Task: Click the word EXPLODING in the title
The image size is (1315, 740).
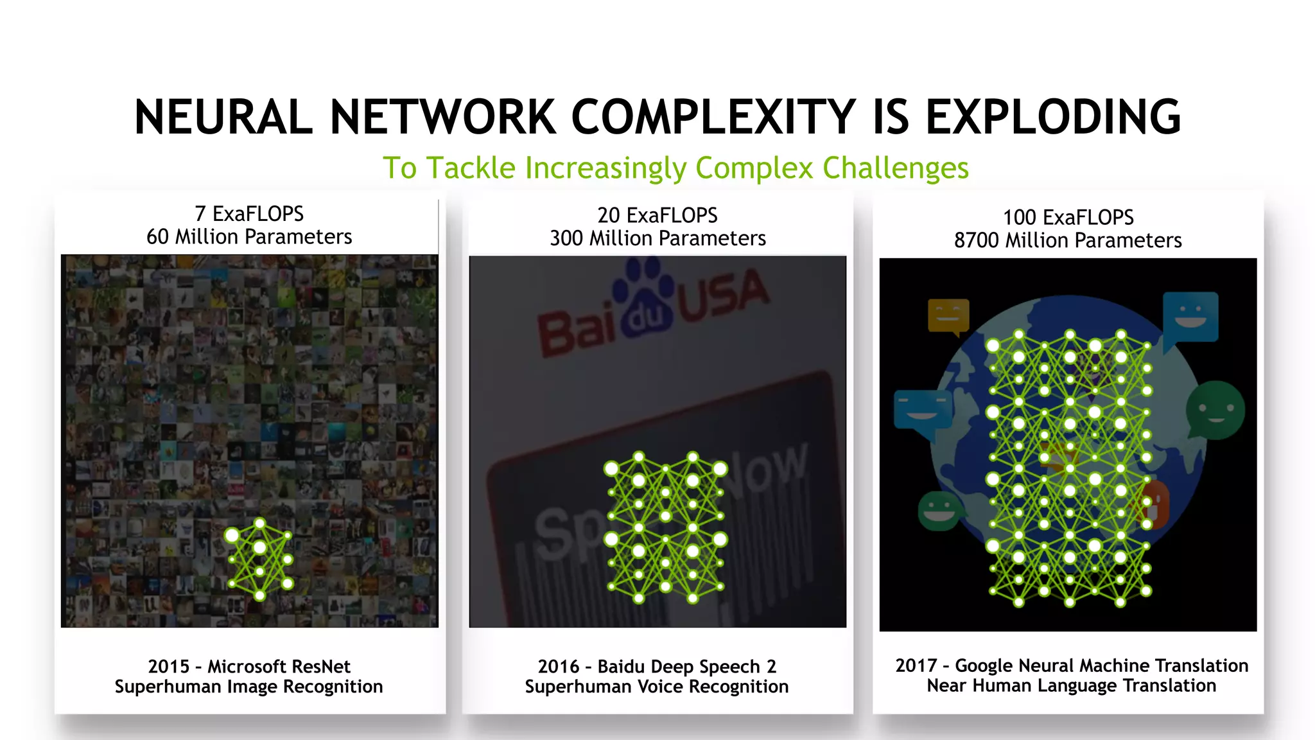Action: tap(1052, 117)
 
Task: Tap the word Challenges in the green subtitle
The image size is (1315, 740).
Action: tap(895, 168)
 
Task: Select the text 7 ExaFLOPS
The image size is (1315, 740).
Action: tap(249, 213)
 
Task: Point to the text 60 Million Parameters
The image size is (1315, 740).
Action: tap(249, 237)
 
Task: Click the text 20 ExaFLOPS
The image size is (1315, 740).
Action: tap(657, 215)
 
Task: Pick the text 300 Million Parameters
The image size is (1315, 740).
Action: tap(657, 238)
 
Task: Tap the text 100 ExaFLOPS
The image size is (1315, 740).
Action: tap(1068, 217)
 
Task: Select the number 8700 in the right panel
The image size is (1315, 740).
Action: tap(976, 240)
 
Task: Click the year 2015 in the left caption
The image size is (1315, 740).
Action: tap(168, 666)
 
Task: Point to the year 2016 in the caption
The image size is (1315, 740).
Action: tap(559, 666)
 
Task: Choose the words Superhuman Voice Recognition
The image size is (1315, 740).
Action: tap(656, 687)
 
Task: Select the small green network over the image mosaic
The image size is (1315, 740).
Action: tap(259, 559)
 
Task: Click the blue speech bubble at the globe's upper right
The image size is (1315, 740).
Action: tap(1190, 317)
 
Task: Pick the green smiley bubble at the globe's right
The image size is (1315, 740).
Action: tap(1214, 410)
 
